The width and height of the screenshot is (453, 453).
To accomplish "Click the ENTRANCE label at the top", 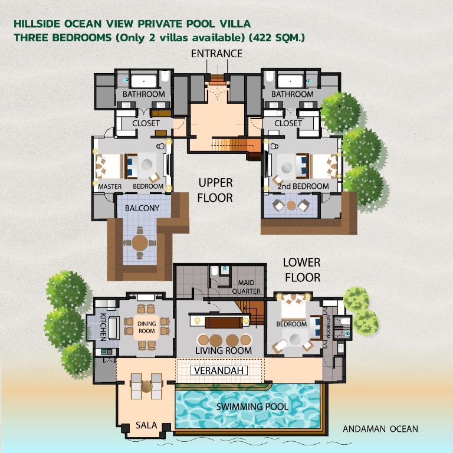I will tap(216, 54).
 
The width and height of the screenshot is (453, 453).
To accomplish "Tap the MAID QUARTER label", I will tap(246, 287).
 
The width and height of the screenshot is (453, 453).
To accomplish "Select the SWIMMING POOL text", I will tap(251, 407).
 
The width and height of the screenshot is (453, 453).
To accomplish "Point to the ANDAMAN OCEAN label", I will tap(380, 429).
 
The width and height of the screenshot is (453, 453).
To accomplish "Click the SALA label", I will tap(146, 425).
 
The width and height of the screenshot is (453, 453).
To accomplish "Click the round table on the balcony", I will tap(140, 242).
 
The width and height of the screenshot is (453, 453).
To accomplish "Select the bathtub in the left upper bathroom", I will tap(143, 81).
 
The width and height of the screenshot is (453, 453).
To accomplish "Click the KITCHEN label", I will tap(103, 327).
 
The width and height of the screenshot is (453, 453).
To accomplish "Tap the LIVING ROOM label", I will tap(224, 351).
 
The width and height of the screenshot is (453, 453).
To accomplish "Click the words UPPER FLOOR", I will tap(215, 191).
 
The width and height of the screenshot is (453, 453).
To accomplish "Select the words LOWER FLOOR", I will tap(301, 270).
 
